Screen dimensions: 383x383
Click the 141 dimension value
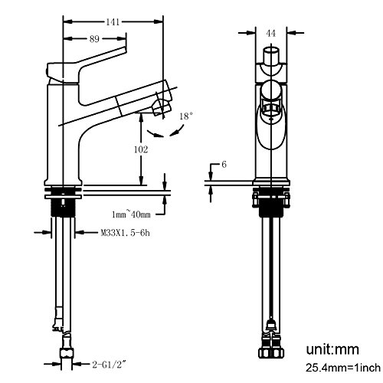(113, 22)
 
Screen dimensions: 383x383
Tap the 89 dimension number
(94, 39)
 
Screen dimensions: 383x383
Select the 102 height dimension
(141, 149)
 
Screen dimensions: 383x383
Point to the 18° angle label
(185, 116)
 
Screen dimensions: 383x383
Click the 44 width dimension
(271, 33)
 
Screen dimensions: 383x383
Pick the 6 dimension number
(224, 165)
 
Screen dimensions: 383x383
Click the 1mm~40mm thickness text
(131, 214)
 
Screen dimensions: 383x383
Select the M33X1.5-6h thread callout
(125, 233)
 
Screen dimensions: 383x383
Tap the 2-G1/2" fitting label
(110, 365)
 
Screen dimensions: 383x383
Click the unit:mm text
(332, 349)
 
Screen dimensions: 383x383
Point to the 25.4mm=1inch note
(343, 368)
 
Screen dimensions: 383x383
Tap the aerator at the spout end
(161, 107)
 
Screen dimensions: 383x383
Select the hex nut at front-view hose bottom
(271, 353)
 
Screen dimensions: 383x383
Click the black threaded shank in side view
(63, 208)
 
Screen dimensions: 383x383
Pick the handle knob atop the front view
(271, 55)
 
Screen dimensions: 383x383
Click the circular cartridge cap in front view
(271, 90)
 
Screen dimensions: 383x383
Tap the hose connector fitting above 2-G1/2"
(67, 353)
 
